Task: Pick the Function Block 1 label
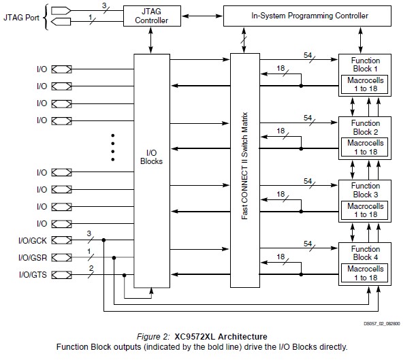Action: click(x=366, y=65)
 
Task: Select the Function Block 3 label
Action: click(x=366, y=190)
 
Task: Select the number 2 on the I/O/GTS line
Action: click(x=90, y=269)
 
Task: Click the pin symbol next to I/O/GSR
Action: click(x=61, y=257)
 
